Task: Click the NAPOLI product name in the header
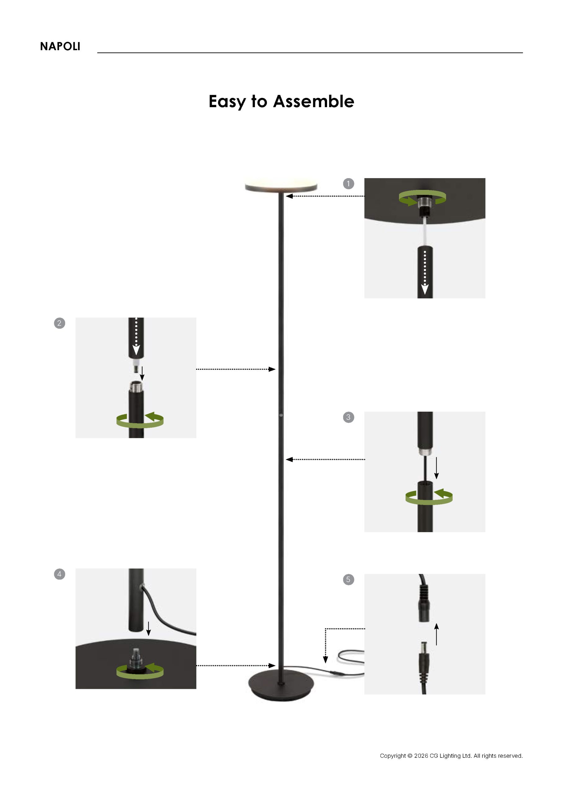click(x=60, y=46)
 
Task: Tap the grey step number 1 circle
click(x=348, y=183)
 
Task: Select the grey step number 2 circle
click(x=60, y=323)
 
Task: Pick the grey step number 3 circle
click(x=348, y=417)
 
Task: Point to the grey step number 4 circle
click(x=60, y=574)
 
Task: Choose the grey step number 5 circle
click(x=348, y=580)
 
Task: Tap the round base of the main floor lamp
click(x=281, y=686)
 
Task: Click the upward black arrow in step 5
click(x=437, y=634)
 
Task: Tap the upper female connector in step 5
click(x=424, y=602)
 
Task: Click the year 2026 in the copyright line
click(x=421, y=756)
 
